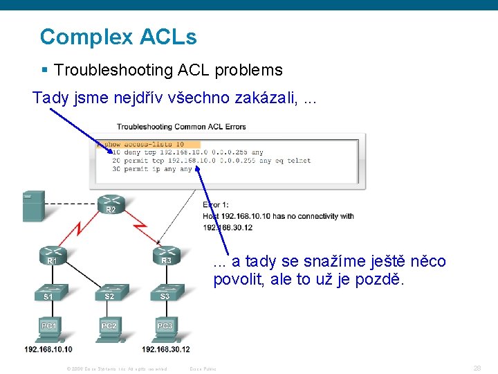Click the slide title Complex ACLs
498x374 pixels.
118,37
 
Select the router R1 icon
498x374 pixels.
53,256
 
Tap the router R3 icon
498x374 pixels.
166,256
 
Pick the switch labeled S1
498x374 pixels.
48,294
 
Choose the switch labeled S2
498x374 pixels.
109,294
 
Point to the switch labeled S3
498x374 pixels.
165,294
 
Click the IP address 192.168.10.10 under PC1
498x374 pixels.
48,349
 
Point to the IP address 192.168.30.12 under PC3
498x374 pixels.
166,349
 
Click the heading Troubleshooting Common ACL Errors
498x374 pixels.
181,127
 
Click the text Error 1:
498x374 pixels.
215,205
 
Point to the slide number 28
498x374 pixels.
477,368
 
